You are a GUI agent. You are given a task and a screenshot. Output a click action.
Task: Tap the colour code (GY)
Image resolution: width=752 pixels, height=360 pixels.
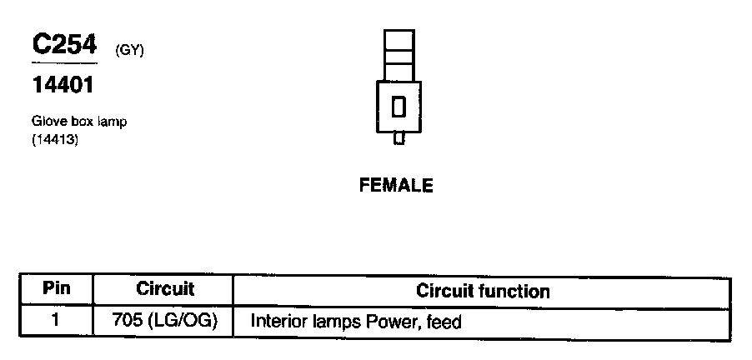130,51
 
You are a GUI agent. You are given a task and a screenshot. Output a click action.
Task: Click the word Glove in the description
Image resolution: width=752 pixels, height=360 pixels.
47,122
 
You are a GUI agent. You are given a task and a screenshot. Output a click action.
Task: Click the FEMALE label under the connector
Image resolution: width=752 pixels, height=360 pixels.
396,186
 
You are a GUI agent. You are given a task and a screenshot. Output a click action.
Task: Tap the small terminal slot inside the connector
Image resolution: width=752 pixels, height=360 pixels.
399,107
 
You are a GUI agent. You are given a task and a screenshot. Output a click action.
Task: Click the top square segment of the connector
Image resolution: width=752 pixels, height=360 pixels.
399,40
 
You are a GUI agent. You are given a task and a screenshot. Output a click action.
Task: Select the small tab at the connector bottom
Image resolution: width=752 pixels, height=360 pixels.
399,140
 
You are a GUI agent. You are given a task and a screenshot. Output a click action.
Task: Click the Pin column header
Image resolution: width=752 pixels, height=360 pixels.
57,289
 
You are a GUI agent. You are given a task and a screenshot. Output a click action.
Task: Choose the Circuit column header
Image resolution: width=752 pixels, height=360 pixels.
164,289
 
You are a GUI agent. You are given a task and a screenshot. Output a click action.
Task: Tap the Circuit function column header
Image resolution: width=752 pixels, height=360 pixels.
483,291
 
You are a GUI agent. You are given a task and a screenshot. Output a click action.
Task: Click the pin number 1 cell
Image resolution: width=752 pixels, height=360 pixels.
56,320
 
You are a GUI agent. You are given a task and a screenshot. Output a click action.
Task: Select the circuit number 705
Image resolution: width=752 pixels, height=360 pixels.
126,321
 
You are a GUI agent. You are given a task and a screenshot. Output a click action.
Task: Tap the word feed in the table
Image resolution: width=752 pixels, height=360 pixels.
444,321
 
